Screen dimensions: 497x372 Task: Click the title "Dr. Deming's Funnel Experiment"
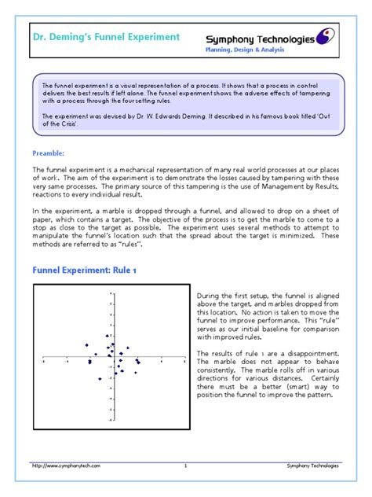click(106, 37)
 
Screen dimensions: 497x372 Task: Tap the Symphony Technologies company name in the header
click(260, 39)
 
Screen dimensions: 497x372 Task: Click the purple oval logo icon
click(327, 37)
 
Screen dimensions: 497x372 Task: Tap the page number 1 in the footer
click(185, 466)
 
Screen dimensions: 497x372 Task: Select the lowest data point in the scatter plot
click(100, 379)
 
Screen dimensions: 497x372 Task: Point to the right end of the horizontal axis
click(183, 360)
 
